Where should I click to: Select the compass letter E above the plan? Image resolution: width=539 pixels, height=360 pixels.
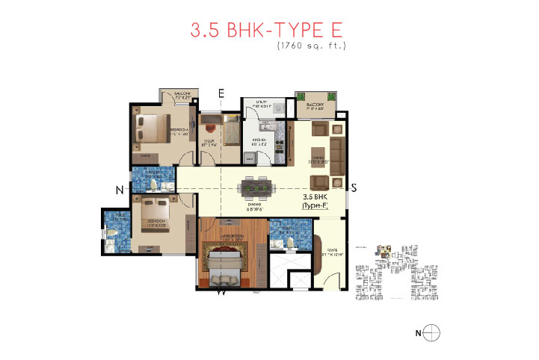coord(221,93)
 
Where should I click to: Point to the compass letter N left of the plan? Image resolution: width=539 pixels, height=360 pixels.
coord(119,190)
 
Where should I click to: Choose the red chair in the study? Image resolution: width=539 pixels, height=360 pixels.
coord(208,120)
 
